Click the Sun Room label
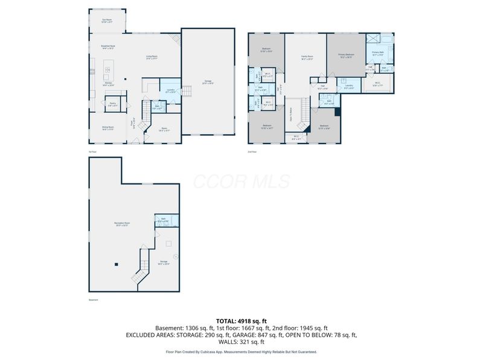(107, 21)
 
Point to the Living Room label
(152, 58)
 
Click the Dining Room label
(107, 128)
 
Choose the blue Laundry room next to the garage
(170, 90)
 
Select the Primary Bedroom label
(346, 57)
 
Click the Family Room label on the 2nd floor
(307, 58)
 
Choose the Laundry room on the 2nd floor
(349, 87)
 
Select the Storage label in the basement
(164, 262)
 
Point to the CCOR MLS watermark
(241, 182)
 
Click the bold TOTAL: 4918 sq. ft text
(241, 320)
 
